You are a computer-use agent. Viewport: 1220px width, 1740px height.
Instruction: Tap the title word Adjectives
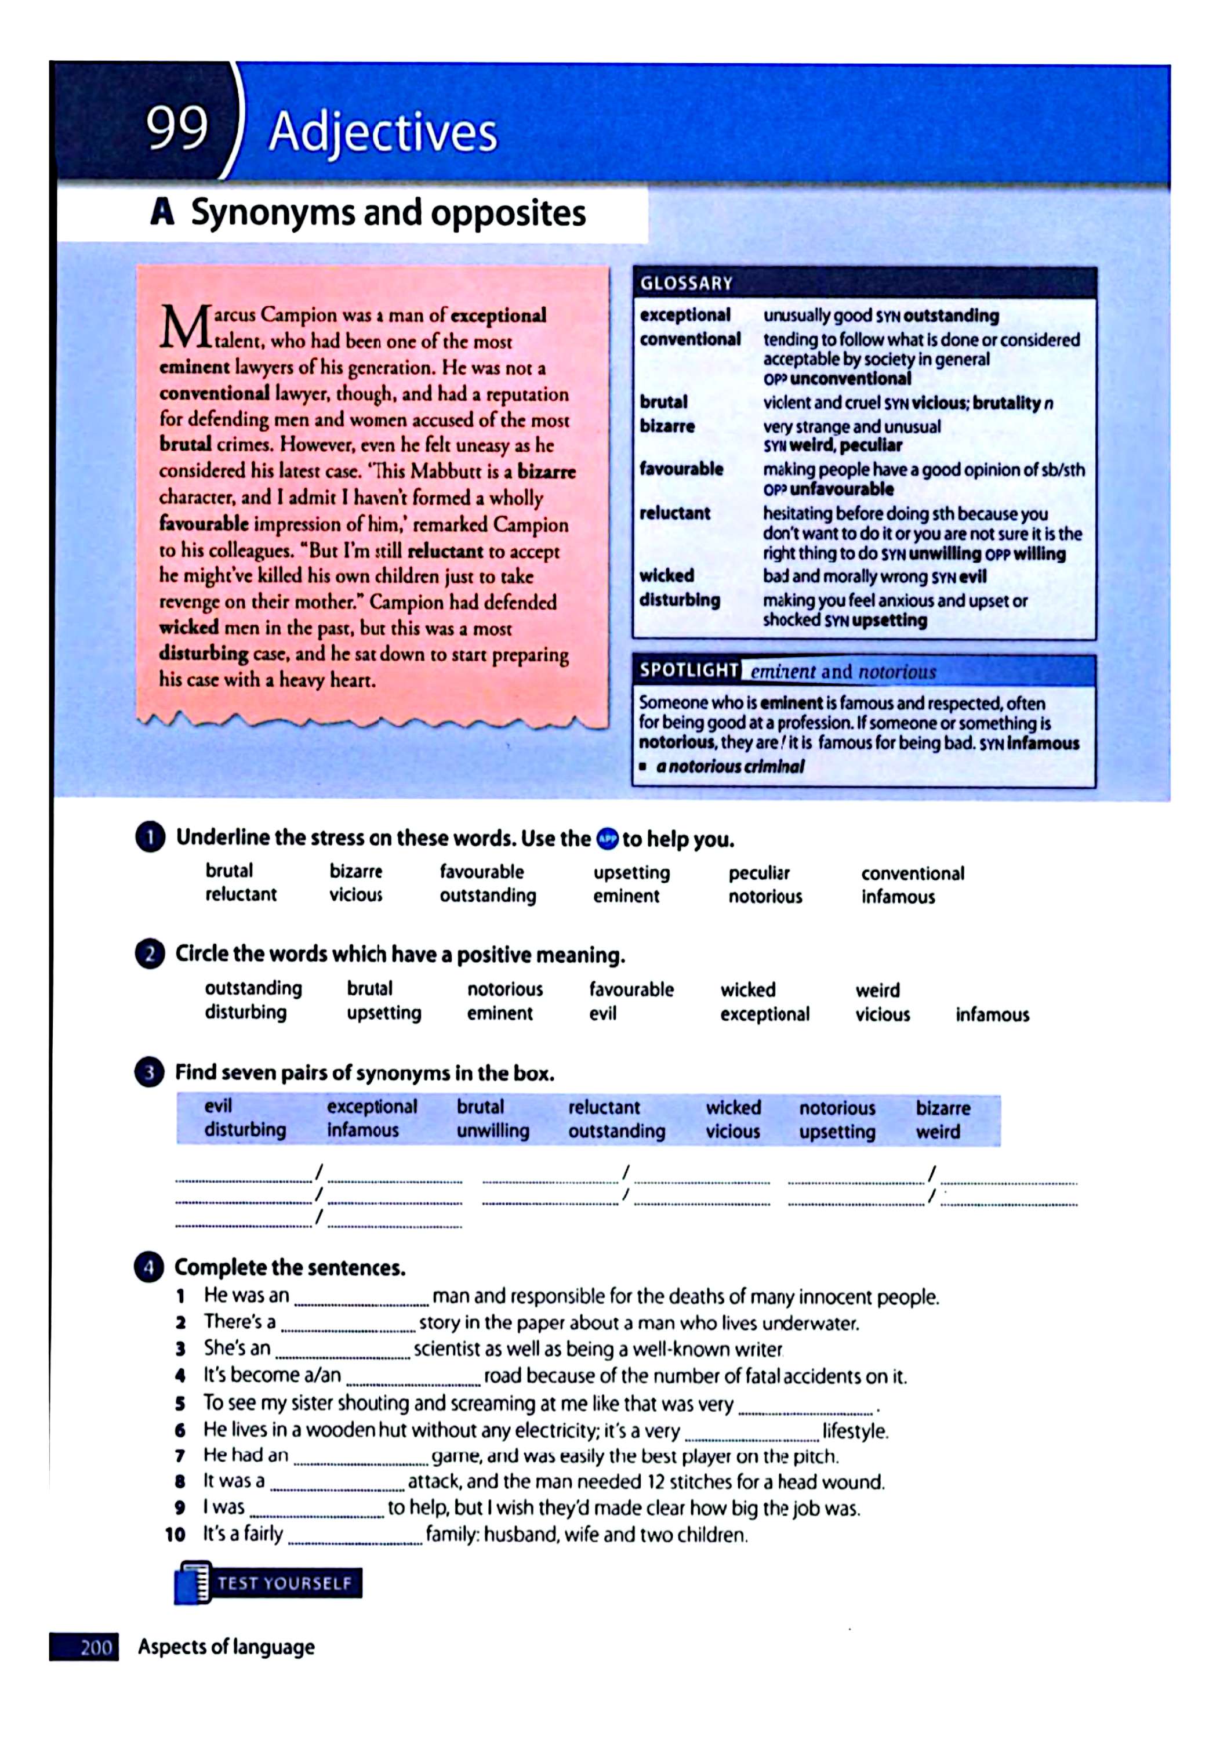pos(383,133)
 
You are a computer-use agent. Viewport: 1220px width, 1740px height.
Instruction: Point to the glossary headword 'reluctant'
pos(674,513)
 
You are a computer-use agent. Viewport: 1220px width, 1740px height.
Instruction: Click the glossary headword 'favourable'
pos(681,469)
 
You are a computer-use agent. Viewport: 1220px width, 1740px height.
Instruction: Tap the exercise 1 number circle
pos(150,838)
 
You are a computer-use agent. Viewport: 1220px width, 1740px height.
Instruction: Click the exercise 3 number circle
pos(149,1073)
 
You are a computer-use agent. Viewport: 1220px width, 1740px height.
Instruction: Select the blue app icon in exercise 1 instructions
pos(607,839)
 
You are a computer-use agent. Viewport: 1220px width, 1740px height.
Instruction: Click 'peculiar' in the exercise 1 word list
pos(758,873)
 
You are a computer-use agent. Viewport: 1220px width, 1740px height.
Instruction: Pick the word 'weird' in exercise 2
pos(877,989)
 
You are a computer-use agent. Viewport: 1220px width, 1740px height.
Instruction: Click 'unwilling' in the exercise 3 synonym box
pos(492,1130)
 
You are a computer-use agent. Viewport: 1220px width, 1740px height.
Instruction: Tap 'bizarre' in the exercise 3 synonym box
pos(943,1108)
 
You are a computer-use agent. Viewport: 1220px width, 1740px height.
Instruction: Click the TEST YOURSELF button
pos(269,1584)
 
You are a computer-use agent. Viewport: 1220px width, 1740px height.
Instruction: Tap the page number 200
pos(96,1647)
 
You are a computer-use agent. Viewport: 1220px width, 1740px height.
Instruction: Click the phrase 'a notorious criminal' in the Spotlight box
pos(729,766)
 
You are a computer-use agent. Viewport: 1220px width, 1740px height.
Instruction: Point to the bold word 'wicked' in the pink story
pos(188,628)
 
